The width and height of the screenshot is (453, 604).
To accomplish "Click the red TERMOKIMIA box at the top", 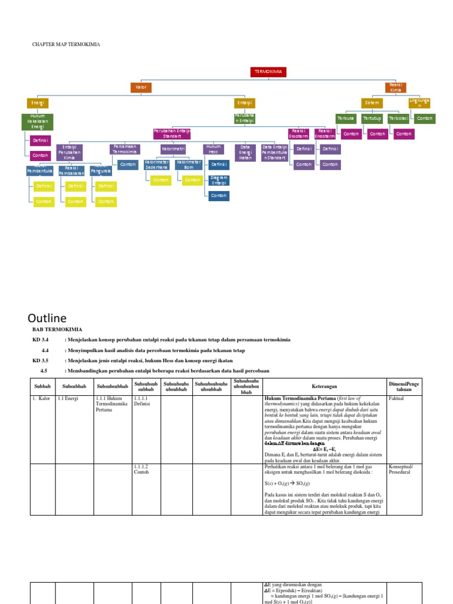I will click(x=269, y=71).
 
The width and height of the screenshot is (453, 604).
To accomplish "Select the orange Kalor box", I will click(x=141, y=87).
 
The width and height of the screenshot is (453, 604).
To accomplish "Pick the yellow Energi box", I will click(x=37, y=103).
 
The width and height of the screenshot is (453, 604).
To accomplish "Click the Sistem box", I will click(x=372, y=103).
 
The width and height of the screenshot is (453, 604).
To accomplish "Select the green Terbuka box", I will click(x=345, y=119).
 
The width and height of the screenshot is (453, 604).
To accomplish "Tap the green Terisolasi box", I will click(x=397, y=119).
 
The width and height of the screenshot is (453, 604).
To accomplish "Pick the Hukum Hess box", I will click(x=213, y=149).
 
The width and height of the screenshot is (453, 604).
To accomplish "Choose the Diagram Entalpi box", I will click(x=219, y=180).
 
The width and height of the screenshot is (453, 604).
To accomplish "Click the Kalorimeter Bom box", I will click(x=189, y=164).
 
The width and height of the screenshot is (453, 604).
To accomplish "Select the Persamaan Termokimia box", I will click(x=124, y=149).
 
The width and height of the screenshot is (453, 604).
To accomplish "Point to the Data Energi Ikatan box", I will click(x=245, y=152).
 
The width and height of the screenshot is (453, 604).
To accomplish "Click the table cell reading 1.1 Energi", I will click(x=68, y=399).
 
